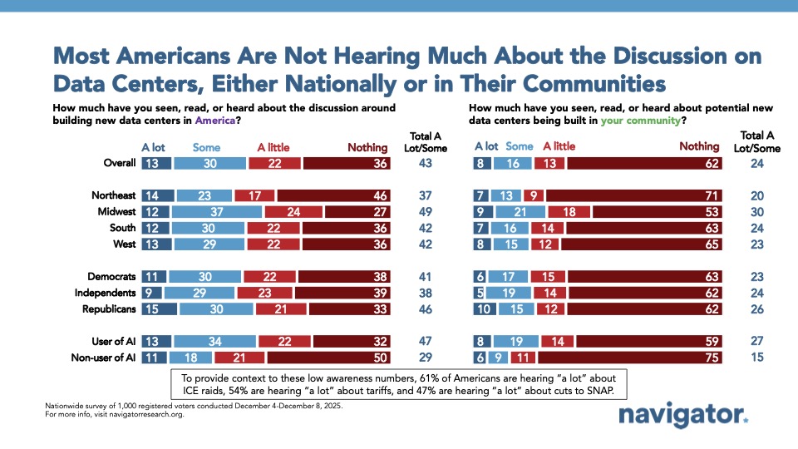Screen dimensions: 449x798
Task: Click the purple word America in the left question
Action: click(x=214, y=120)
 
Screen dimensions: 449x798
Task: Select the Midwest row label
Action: click(x=115, y=212)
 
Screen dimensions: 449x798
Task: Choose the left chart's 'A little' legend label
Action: click(x=273, y=147)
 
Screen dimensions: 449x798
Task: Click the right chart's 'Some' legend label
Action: click(x=520, y=146)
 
